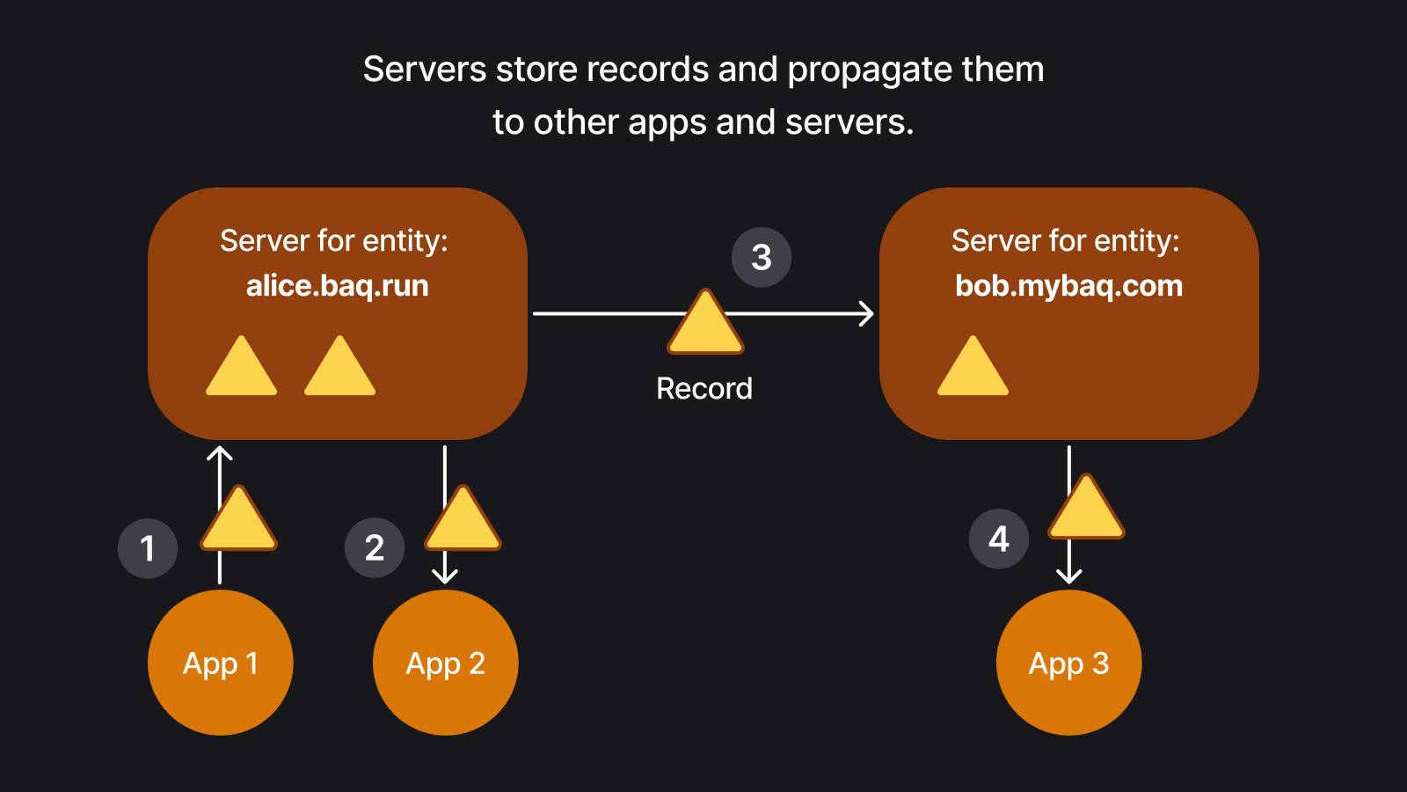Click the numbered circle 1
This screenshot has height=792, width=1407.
point(148,548)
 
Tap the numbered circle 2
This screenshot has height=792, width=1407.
point(375,548)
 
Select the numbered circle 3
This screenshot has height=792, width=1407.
point(762,257)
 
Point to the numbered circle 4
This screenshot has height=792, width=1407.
point(999,539)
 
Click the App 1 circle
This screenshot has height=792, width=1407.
point(220,663)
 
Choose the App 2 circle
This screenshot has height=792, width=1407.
point(446,663)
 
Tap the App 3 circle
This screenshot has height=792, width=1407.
point(1069,663)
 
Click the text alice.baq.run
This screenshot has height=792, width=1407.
point(337,286)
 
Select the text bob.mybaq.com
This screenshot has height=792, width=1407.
point(1068,286)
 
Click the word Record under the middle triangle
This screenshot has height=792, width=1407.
point(704,388)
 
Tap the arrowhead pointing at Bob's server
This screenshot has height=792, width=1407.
point(867,313)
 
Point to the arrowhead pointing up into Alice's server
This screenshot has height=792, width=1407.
point(220,454)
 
